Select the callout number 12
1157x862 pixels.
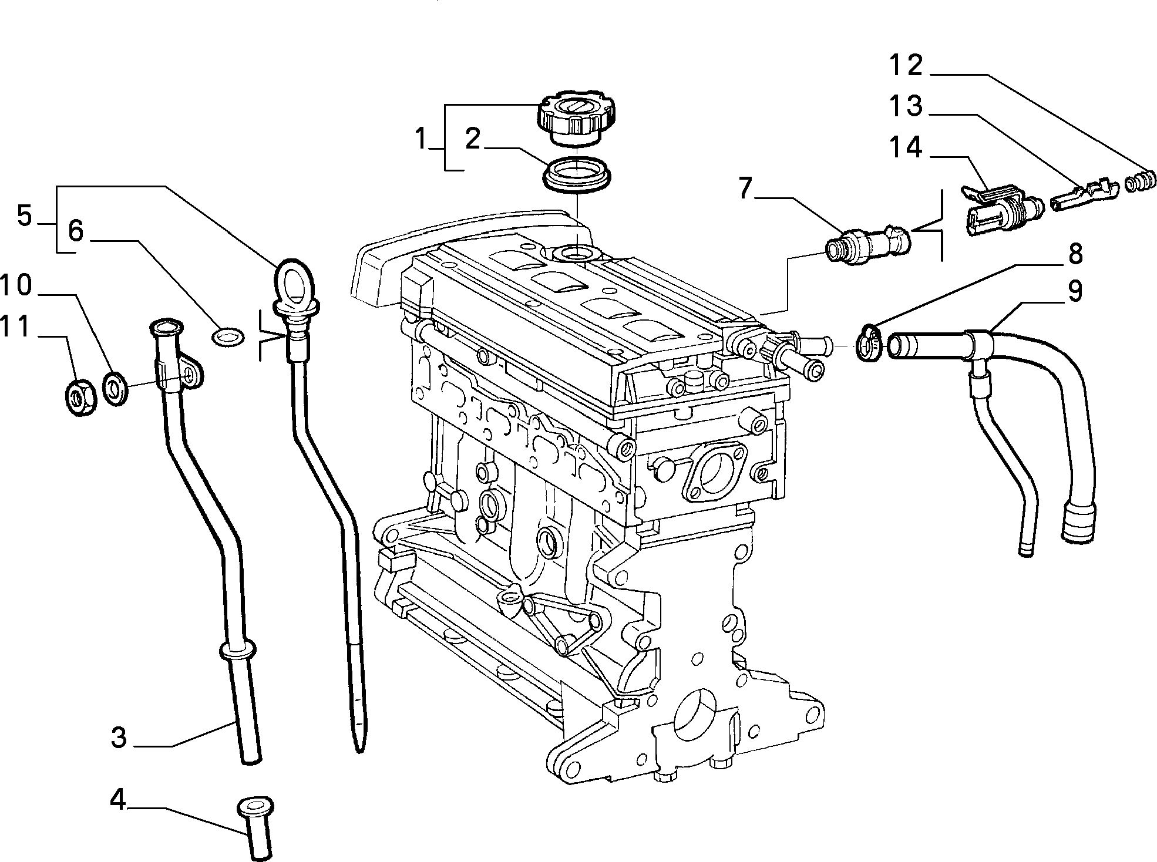point(906,66)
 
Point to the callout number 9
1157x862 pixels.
point(1074,291)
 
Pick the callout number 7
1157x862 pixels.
point(745,188)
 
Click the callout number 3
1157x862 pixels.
point(119,738)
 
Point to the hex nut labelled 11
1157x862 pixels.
point(78,398)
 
